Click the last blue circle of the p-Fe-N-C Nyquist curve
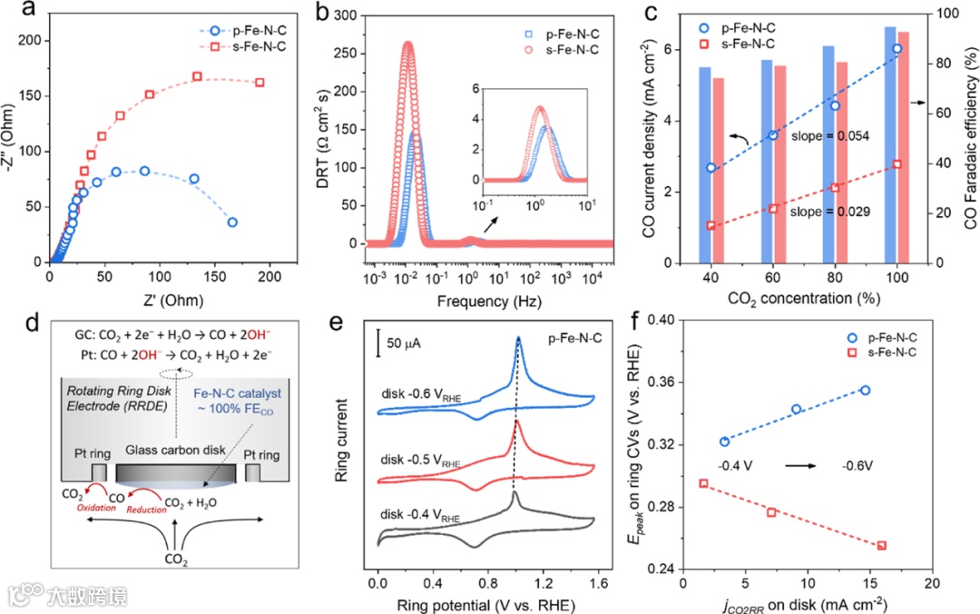coord(232,222)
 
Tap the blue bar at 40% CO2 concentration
coord(705,164)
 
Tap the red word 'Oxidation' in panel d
coord(95,508)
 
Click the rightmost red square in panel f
coord(881,546)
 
